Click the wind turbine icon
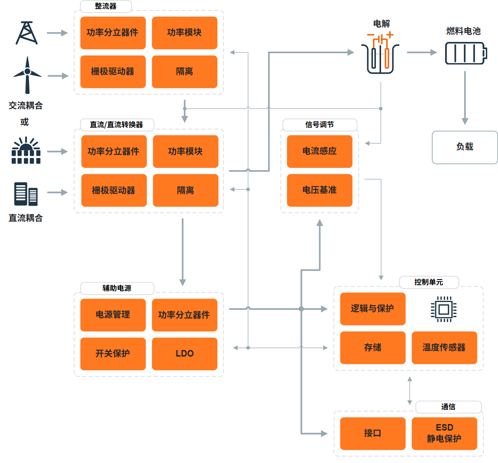pyautogui.click(x=27, y=75)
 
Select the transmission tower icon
pyautogui.click(x=27, y=33)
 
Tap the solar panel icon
pyautogui.click(x=26, y=151)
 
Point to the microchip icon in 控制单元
pyautogui.click(x=444, y=309)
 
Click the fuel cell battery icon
pyautogui.click(x=466, y=53)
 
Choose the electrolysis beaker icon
pyautogui.click(x=380, y=53)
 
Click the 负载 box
pyautogui.click(x=465, y=147)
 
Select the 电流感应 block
pyautogui.click(x=320, y=151)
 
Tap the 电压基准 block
pyautogui.click(x=320, y=190)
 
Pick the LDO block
pyautogui.click(x=184, y=354)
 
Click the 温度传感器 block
pyautogui.click(x=444, y=348)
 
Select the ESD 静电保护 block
pyautogui.click(x=444, y=434)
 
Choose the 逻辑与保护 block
pyautogui.click(x=373, y=309)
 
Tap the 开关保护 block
pyautogui.click(x=113, y=354)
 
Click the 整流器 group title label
pyautogui.click(x=106, y=6)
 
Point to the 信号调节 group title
pyautogui.click(x=320, y=125)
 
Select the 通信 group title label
pyautogui.click(x=448, y=407)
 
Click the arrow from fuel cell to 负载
pyautogui.click(x=465, y=98)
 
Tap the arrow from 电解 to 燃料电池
pyautogui.click(x=422, y=52)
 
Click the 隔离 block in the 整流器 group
pyautogui.click(x=184, y=72)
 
